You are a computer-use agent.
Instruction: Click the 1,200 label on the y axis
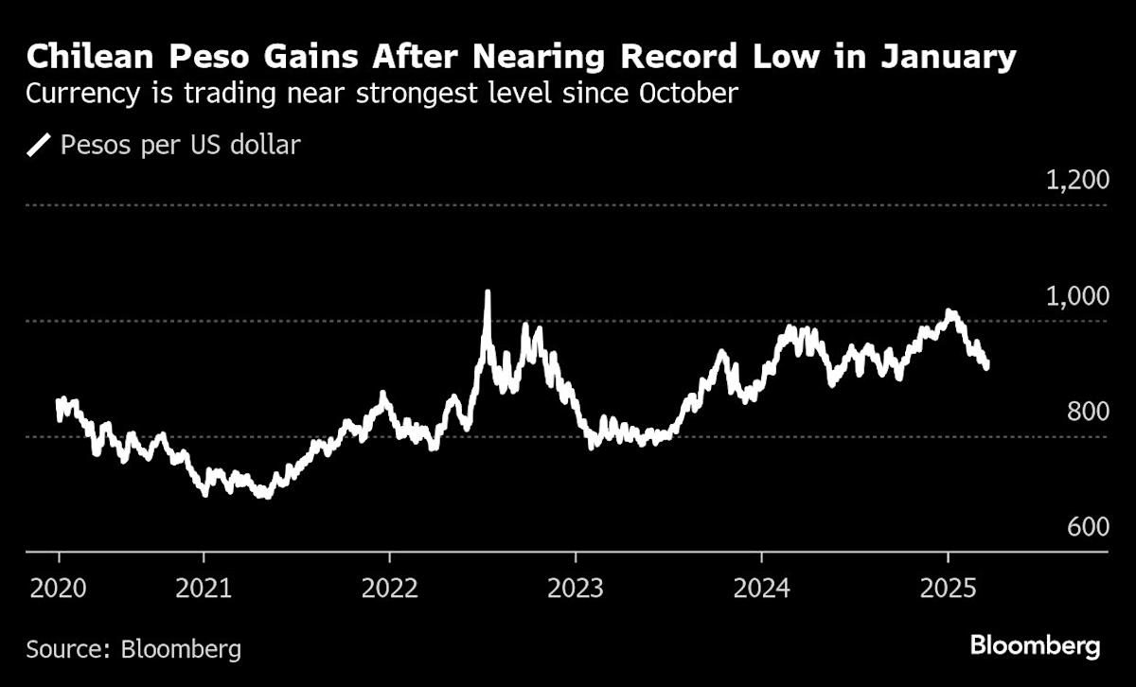point(1077,180)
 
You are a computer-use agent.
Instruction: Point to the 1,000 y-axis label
point(1077,296)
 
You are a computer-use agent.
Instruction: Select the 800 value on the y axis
point(1089,412)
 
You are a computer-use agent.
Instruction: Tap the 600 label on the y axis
point(1089,527)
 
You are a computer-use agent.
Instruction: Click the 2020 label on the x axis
point(59,589)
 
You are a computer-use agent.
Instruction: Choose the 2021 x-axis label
point(204,589)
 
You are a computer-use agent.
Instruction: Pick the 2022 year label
point(389,589)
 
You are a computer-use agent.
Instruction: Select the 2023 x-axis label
point(576,589)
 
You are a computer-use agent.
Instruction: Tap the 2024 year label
point(762,589)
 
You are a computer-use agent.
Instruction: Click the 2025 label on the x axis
point(948,589)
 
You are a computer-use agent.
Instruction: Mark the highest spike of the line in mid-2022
point(488,292)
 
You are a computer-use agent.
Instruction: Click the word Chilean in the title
point(90,57)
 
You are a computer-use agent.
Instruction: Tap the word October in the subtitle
point(688,94)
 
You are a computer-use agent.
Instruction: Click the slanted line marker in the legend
point(39,145)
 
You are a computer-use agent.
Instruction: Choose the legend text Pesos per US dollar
point(181,145)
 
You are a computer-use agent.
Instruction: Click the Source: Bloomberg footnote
point(133,649)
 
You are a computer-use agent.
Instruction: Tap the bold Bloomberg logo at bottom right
point(1035,646)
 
